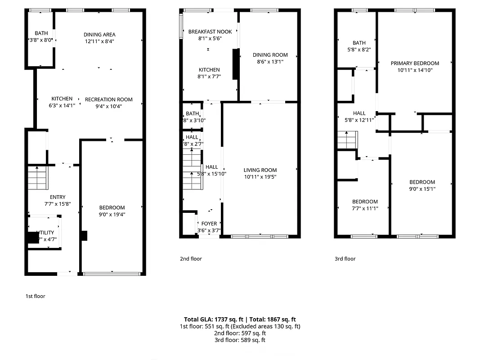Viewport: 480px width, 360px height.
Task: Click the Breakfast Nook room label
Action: click(x=210, y=31)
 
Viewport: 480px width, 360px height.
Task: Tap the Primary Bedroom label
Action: click(x=415, y=63)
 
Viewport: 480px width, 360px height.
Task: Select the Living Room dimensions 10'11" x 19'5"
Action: click(x=260, y=177)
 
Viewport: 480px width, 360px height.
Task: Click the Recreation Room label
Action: click(x=109, y=99)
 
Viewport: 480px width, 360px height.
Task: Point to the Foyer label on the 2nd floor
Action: click(x=209, y=224)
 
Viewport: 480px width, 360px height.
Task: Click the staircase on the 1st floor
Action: click(x=37, y=178)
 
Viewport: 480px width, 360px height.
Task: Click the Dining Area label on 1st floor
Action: click(x=99, y=35)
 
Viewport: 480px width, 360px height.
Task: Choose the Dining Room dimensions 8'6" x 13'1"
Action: click(x=270, y=62)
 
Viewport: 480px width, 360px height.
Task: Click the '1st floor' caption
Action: click(x=35, y=296)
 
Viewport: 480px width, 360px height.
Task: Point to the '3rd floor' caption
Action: click(x=345, y=259)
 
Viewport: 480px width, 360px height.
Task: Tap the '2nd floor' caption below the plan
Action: click(x=191, y=259)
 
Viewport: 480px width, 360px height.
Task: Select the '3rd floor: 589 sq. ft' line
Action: click(x=240, y=340)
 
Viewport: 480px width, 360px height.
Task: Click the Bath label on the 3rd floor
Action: click(x=359, y=43)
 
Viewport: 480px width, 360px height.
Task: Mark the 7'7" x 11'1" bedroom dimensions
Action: click(x=365, y=208)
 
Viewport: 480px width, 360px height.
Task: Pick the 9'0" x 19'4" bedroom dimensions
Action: click(x=112, y=214)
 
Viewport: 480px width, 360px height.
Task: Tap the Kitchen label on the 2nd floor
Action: click(x=209, y=70)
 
